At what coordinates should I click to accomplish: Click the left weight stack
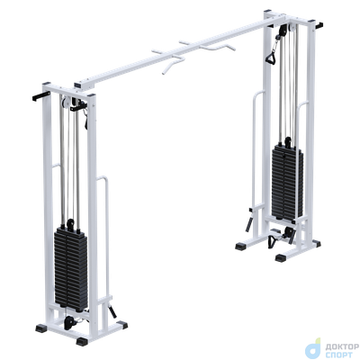pyautogui.click(x=71, y=269)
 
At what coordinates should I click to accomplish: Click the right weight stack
pyautogui.click(x=287, y=182)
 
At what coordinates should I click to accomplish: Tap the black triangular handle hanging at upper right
pyautogui.click(x=271, y=58)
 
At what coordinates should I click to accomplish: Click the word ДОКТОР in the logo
pyautogui.click(x=342, y=347)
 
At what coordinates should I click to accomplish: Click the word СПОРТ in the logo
pyautogui.click(x=339, y=355)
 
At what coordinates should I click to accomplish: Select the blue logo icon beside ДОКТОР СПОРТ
pyautogui.click(x=313, y=348)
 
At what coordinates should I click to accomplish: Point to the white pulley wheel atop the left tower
pyautogui.click(x=65, y=103)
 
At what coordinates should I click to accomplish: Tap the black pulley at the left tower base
pyautogui.click(x=69, y=322)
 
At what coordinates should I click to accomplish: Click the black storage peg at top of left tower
pyautogui.click(x=41, y=97)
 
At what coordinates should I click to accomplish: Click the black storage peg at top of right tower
pyautogui.click(x=319, y=24)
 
